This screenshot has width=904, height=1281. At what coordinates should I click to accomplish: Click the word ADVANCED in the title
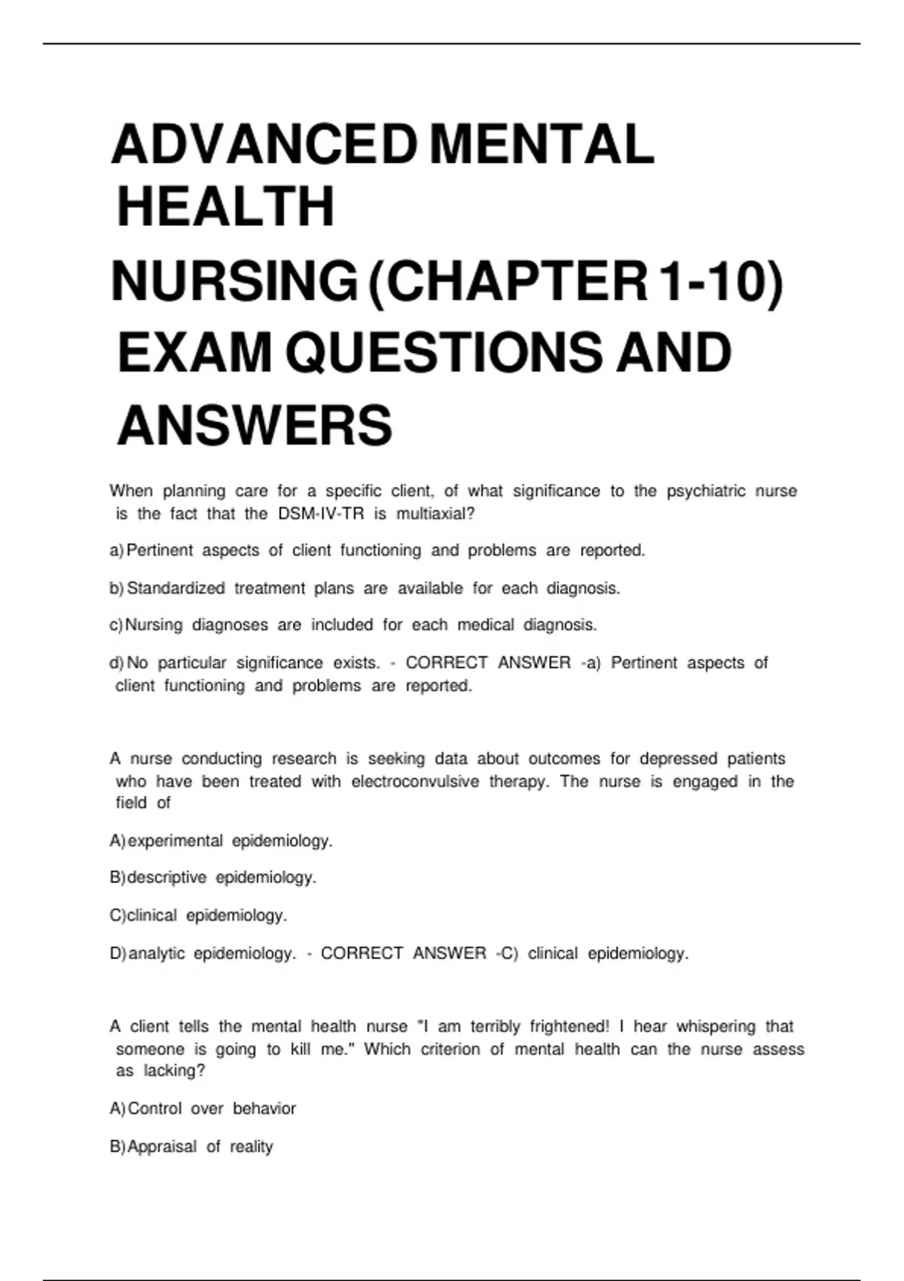click(x=264, y=145)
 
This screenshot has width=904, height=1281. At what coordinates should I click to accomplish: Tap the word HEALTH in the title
click(x=226, y=207)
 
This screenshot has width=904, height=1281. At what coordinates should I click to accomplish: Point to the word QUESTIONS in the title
click(x=444, y=353)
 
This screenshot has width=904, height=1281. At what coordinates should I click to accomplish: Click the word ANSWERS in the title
click(x=255, y=426)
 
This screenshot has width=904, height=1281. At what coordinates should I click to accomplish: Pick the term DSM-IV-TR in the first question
click(x=321, y=514)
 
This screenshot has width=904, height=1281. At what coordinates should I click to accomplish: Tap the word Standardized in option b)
click(x=176, y=589)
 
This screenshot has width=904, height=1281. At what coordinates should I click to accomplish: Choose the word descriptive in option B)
click(x=166, y=878)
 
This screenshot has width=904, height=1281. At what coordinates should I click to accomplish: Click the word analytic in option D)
click(x=157, y=954)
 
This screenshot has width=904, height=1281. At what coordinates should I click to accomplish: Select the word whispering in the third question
click(x=716, y=1027)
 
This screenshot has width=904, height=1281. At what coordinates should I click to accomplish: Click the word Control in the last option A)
click(x=154, y=1109)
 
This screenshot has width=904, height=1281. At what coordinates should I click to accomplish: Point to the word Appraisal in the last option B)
click(x=162, y=1147)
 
